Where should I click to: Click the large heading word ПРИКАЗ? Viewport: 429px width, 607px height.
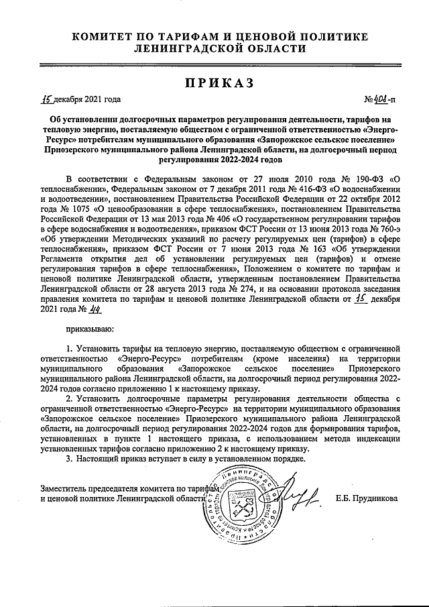pyautogui.click(x=214, y=82)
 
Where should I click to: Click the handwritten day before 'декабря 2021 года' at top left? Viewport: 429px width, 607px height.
pyautogui.click(x=46, y=99)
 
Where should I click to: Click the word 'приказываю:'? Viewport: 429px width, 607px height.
pyautogui.click(x=90, y=329)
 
